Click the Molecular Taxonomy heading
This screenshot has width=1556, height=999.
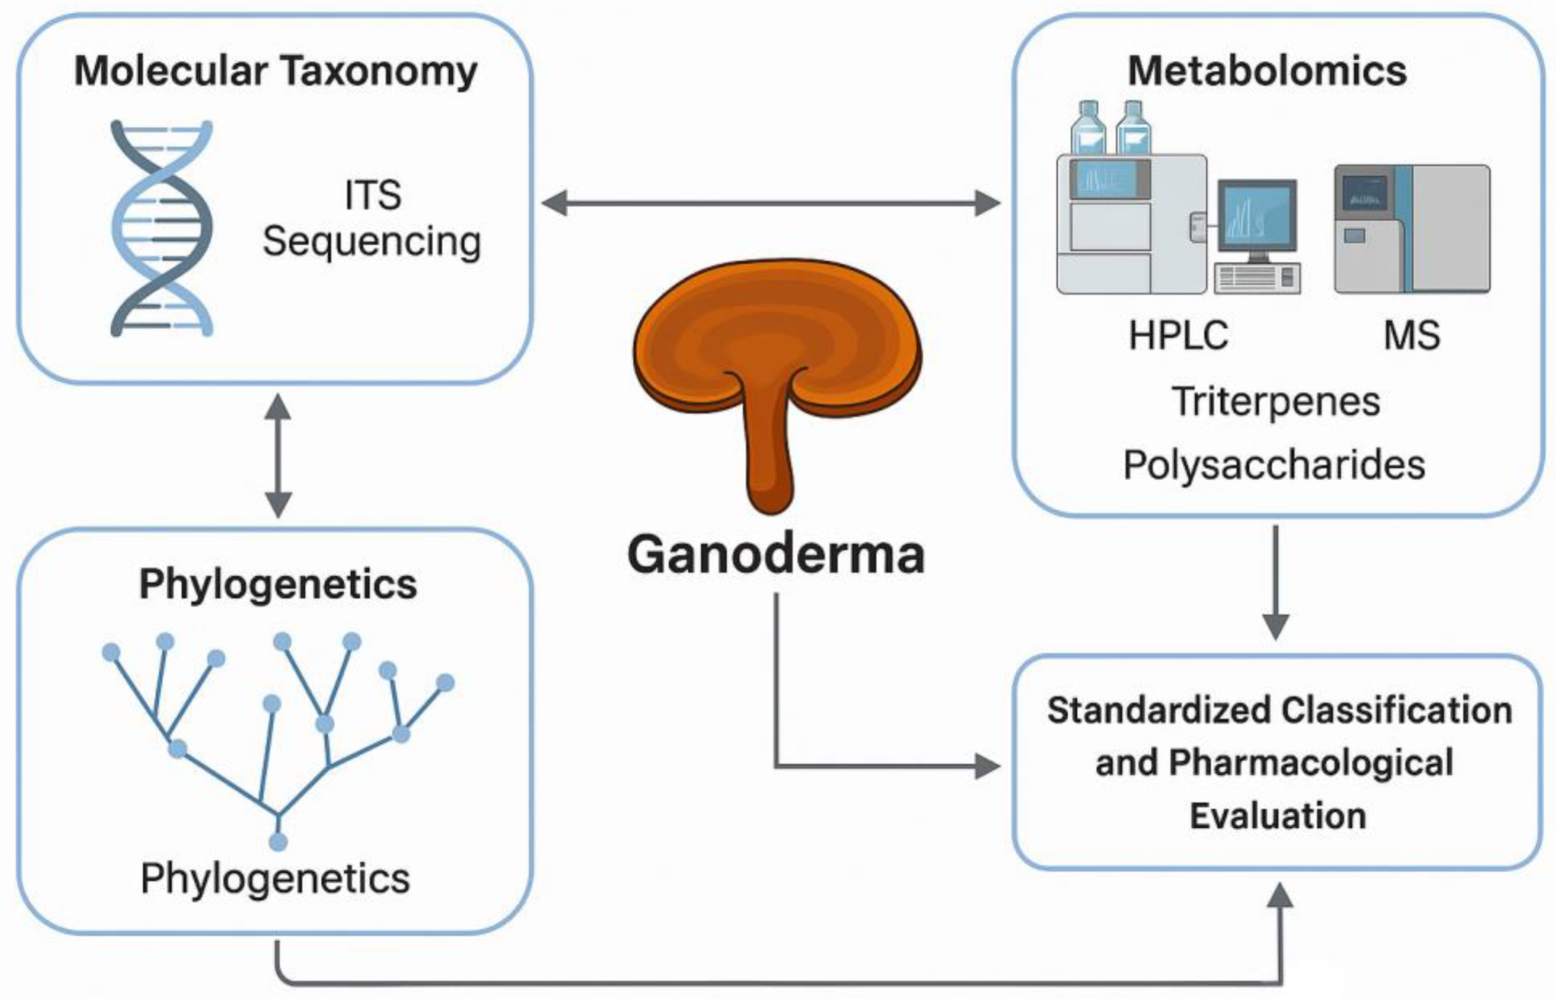(x=276, y=71)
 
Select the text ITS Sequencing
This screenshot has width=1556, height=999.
(x=372, y=218)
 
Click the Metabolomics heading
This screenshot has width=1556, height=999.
(x=1267, y=71)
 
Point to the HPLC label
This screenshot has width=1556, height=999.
(x=1178, y=335)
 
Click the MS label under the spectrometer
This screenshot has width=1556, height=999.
(x=1411, y=335)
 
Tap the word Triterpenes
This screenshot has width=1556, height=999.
(x=1275, y=402)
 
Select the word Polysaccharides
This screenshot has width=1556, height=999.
(x=1274, y=465)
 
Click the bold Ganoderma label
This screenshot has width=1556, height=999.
(x=776, y=555)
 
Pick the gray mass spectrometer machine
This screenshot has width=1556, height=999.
(x=1411, y=229)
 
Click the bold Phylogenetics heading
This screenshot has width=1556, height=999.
(x=277, y=584)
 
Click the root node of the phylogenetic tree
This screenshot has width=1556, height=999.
(x=277, y=842)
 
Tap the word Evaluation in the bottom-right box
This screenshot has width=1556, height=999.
(x=1277, y=815)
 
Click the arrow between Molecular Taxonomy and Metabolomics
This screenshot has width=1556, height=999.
(x=771, y=203)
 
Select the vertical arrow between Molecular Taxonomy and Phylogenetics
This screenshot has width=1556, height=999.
(x=277, y=456)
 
